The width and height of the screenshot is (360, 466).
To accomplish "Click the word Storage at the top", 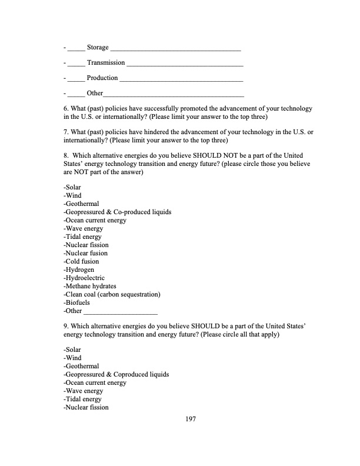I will (97, 47).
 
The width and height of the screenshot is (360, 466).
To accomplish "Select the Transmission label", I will (105, 62).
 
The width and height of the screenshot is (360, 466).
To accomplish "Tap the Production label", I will (102, 78).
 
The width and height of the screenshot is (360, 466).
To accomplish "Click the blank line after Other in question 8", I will (121, 312).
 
